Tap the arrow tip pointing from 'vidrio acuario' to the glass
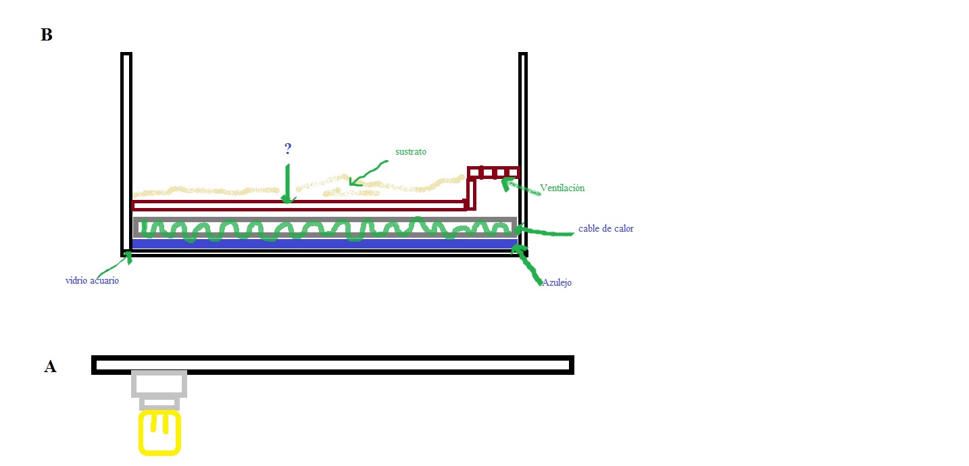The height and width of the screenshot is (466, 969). click(129, 253)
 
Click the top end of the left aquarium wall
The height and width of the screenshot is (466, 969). click(126, 54)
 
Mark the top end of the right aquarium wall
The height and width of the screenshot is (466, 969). click(523, 54)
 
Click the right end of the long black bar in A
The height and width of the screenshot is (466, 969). click(573, 365)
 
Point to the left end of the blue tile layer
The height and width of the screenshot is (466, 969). click(133, 243)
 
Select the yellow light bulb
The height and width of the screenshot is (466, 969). click(159, 433)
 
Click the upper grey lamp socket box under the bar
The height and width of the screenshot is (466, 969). click(159, 384)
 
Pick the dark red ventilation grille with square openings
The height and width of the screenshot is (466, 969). click(493, 172)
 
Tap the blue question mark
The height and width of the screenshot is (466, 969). click(288, 149)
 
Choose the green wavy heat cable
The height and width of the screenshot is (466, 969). click(326, 229)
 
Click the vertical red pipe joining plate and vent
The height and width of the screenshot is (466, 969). click(471, 194)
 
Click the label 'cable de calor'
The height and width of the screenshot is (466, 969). click(605, 228)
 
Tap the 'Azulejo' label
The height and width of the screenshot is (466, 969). click(557, 282)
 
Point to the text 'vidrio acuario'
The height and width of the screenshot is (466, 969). click(92, 280)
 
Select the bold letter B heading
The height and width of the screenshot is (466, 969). click(46, 34)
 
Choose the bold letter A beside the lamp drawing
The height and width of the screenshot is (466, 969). click(50, 366)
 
